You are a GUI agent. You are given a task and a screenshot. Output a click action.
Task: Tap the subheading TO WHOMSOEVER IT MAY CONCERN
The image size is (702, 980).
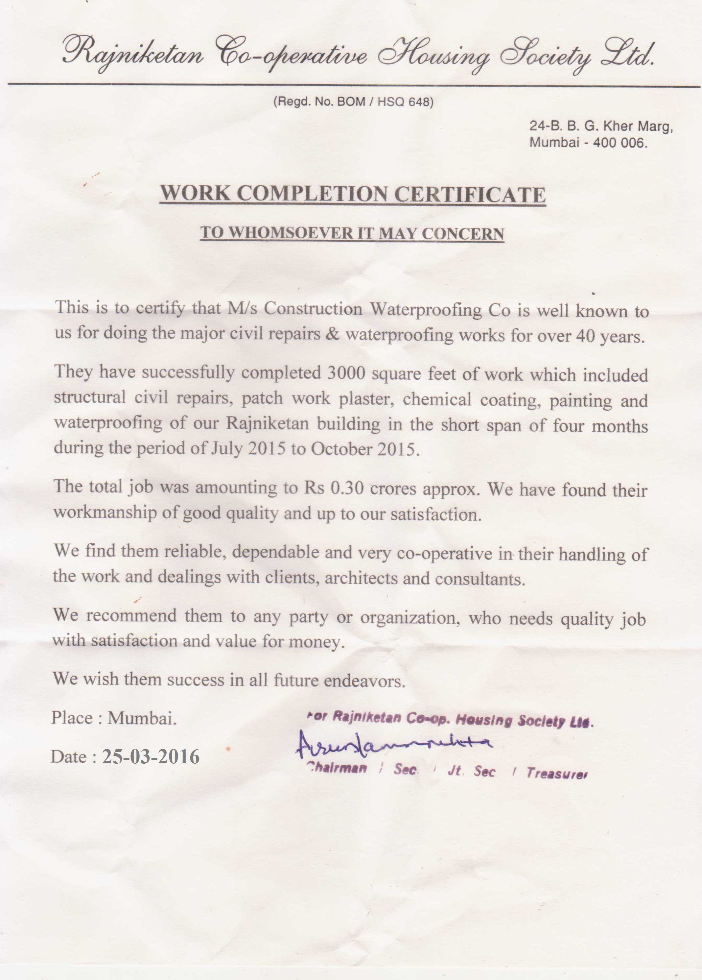[x=352, y=233]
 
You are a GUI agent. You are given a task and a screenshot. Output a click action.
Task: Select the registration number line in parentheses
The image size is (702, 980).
[x=353, y=102]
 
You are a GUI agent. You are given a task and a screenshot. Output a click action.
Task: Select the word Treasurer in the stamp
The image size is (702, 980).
[x=556, y=773]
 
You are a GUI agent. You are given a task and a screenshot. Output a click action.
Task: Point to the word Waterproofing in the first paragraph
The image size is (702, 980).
[x=426, y=310]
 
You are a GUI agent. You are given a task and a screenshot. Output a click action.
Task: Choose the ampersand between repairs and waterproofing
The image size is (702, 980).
[x=332, y=334]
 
